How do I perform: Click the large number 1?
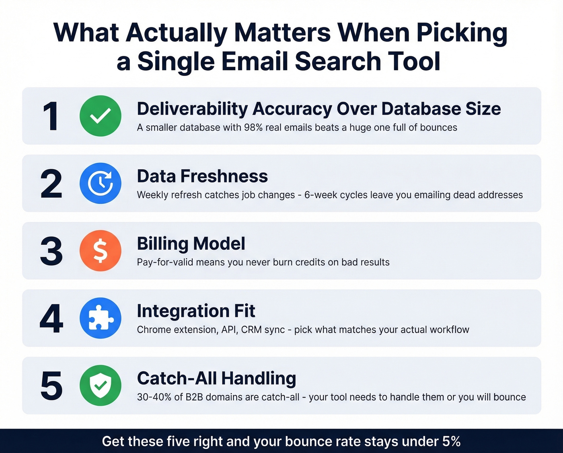click(x=51, y=116)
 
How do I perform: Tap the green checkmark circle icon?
click(x=101, y=116)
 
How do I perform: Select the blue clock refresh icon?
click(x=101, y=183)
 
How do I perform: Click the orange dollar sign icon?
click(x=101, y=250)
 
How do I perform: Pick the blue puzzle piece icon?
click(x=101, y=318)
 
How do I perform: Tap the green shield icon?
click(x=101, y=385)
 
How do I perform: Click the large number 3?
click(x=51, y=251)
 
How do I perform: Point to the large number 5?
click(x=51, y=386)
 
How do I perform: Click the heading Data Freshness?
click(x=202, y=176)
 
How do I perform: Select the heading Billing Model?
click(x=191, y=244)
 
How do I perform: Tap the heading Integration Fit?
click(x=196, y=311)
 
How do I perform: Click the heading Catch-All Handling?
click(x=216, y=379)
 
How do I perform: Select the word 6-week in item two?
click(x=319, y=195)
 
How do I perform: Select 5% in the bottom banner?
click(x=451, y=441)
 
